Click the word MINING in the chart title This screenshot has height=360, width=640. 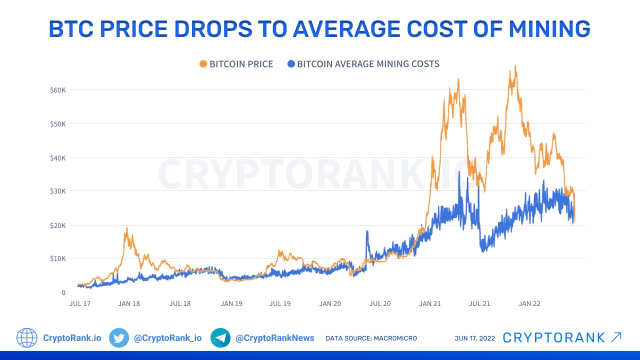click(x=549, y=29)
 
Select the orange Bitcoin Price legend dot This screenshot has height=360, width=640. click(x=203, y=64)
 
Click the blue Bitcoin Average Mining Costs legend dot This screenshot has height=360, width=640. click(x=290, y=64)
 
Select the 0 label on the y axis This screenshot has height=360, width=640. click(x=63, y=292)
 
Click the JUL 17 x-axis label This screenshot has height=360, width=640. click(x=79, y=303)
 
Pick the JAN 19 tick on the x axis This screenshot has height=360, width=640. click(x=231, y=303)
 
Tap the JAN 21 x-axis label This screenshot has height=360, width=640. click(x=430, y=303)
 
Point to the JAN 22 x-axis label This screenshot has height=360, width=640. click(x=529, y=303)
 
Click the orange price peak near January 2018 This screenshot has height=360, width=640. click(x=126, y=228)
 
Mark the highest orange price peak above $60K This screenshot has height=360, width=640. click(x=515, y=66)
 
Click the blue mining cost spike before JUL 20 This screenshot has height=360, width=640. click(x=367, y=232)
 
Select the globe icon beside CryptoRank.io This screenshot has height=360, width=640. click(x=27, y=338)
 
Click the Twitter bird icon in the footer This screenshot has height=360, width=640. click(x=119, y=338)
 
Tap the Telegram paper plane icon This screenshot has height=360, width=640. click(x=220, y=338)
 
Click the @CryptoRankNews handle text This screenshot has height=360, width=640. click(x=275, y=338)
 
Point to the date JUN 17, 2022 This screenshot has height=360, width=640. click(x=474, y=338)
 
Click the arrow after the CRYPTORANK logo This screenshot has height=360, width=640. click(x=616, y=337)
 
